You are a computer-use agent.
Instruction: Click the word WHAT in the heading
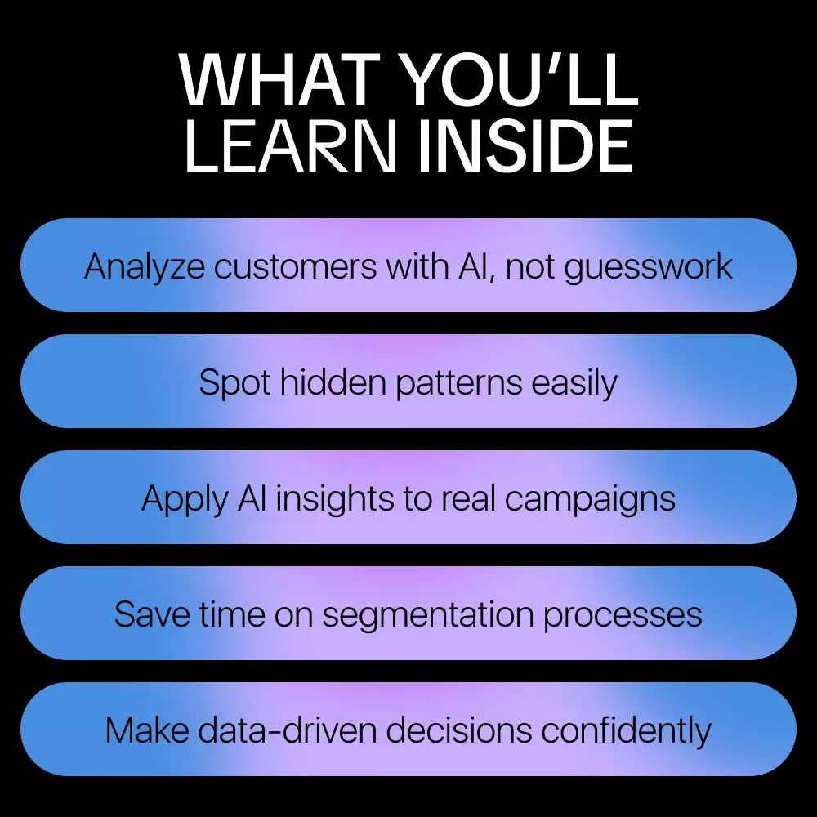[x=279, y=80]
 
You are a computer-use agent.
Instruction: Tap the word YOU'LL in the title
[x=521, y=80]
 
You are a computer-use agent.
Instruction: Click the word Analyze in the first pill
[x=145, y=267]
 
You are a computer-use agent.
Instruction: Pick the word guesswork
[x=649, y=267]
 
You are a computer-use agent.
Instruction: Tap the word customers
[x=295, y=267]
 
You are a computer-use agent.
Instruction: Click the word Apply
[x=185, y=499]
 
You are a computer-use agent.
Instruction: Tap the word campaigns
[x=590, y=499]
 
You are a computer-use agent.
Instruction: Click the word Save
[x=152, y=614]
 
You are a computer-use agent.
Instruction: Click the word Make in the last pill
[x=147, y=730]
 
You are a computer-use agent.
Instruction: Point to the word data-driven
[x=287, y=730]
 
